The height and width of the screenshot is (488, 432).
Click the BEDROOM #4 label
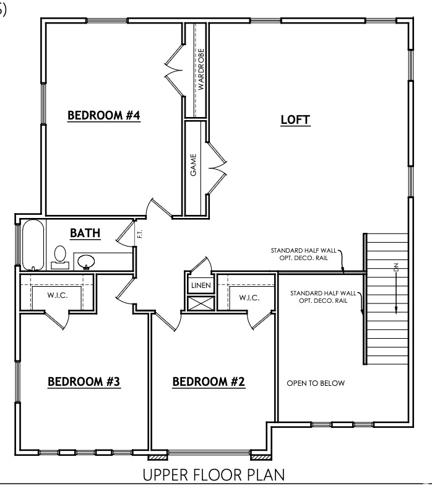click(104, 115)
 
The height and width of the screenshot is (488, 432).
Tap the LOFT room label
click(295, 120)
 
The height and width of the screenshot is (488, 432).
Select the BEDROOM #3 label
click(84, 381)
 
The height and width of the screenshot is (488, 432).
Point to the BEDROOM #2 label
click(209, 381)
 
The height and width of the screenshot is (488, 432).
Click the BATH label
click(85, 233)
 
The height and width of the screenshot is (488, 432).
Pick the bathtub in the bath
click(33, 245)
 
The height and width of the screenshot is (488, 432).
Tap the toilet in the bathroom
click(60, 256)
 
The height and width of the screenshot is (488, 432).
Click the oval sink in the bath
click(85, 261)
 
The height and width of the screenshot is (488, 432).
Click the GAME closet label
click(194, 165)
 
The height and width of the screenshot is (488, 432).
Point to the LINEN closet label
click(201, 285)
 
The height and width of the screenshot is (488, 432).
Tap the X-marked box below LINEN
click(201, 303)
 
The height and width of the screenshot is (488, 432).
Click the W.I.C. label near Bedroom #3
click(58, 295)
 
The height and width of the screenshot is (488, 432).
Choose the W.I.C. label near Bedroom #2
click(249, 298)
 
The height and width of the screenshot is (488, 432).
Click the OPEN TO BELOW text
click(316, 383)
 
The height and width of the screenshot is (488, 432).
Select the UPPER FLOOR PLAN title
click(214, 475)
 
